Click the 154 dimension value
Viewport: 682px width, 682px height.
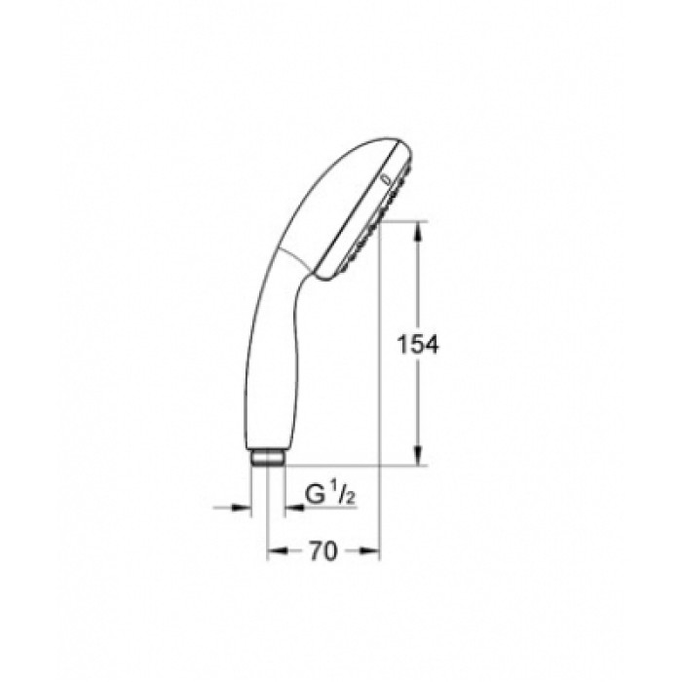click(x=420, y=344)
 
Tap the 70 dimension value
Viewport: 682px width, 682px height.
click(x=322, y=551)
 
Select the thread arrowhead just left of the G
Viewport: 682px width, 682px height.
click(x=291, y=507)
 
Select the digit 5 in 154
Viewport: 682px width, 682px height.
click(x=420, y=344)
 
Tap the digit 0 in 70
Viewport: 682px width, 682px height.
click(x=330, y=551)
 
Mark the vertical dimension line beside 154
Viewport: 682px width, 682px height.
click(x=420, y=292)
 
